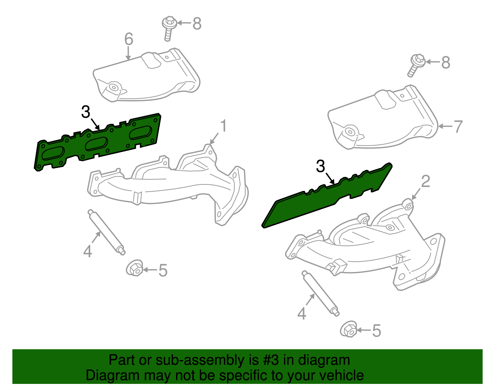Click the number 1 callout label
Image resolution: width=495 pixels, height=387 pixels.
(223, 126)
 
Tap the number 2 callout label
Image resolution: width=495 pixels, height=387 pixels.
(426, 181)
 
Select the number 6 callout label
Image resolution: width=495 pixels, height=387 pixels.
(129, 39)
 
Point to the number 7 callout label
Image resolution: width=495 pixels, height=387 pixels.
(458, 126)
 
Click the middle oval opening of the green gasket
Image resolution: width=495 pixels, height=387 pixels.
(96, 144)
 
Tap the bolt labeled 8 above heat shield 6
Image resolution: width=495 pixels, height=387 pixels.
(169, 28)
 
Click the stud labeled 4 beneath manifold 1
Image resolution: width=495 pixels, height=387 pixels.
(106, 232)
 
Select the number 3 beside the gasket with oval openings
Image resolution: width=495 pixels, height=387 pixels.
(86, 112)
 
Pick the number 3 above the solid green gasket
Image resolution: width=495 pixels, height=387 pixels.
(321, 166)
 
